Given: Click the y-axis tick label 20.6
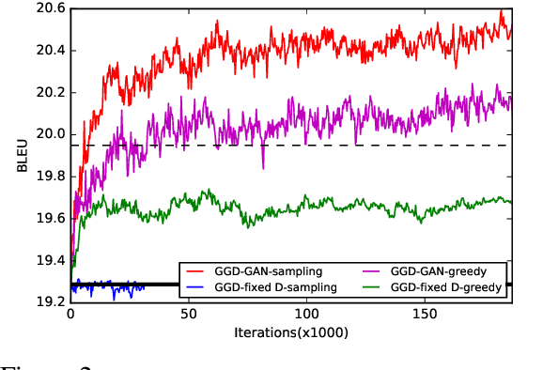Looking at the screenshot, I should pyautogui.click(x=49, y=8).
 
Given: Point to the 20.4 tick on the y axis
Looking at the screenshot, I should pyautogui.click(x=49, y=50).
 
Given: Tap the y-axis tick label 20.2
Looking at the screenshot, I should pyautogui.click(x=49, y=92).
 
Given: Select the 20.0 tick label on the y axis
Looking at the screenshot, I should pyautogui.click(x=49, y=134).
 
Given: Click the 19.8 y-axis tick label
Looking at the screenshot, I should pyautogui.click(x=49, y=176).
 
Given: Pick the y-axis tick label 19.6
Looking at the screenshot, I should pyautogui.click(x=49, y=218).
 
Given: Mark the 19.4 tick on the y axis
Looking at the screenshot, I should pyautogui.click(x=49, y=260).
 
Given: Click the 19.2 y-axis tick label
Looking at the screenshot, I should pyautogui.click(x=49, y=301).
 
